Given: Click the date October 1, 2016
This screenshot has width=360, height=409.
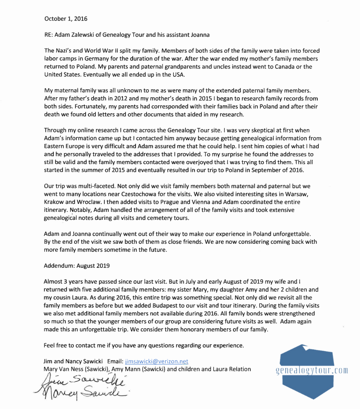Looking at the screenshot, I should click(66, 19).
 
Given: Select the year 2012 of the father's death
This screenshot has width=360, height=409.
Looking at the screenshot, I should click(121, 98).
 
